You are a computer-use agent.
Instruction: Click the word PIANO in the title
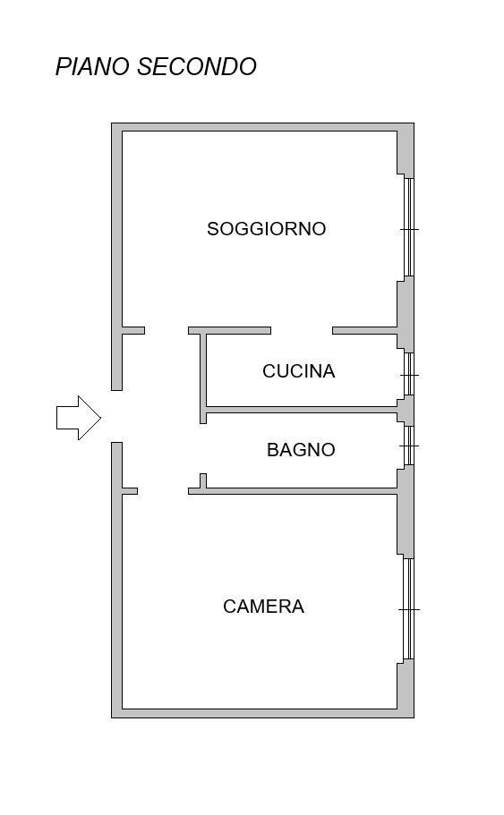[92, 67]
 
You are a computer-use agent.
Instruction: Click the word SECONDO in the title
[197, 67]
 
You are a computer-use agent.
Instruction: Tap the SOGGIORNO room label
[266, 229]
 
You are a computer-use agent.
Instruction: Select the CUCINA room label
[299, 371]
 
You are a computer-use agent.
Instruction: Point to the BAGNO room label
[301, 450]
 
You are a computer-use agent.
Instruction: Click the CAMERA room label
[263, 606]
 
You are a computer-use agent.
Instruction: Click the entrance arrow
[79, 418]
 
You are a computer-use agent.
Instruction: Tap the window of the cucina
[409, 374]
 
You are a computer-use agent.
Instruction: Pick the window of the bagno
[409, 446]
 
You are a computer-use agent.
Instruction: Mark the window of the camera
[409, 608]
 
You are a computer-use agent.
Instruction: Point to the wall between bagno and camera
[293, 491]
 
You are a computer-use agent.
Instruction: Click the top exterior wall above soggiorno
[262, 127]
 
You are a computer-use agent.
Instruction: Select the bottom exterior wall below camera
[262, 714]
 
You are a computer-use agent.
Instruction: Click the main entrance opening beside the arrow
[116, 416]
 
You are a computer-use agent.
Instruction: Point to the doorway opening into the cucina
[302, 331]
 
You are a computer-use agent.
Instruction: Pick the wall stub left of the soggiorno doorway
[133, 331]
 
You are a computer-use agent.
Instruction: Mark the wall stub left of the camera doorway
[130, 491]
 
